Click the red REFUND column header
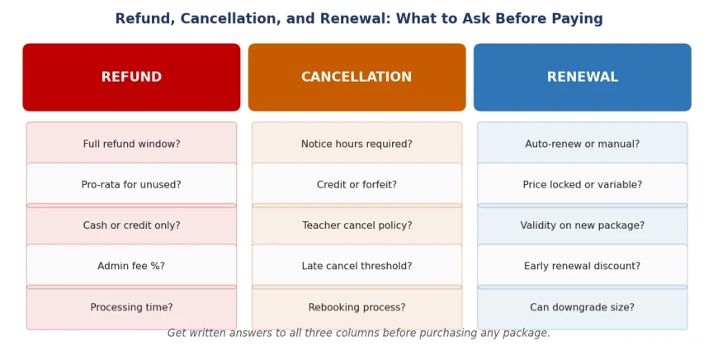131,77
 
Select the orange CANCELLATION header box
357,77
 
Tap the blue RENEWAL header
583,77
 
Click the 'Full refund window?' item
131,144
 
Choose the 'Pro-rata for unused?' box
131,185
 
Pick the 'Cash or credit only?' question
131,225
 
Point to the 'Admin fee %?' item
131,266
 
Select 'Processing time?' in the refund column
131,307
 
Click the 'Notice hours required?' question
357,144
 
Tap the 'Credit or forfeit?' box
357,185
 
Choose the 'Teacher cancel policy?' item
357,225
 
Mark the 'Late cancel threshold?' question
357,266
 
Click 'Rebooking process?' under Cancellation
357,307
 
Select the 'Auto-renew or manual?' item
583,144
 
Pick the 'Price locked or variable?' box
583,185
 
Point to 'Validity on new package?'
583,225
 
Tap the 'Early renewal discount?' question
583,266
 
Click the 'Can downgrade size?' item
583,307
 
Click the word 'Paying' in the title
577,19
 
